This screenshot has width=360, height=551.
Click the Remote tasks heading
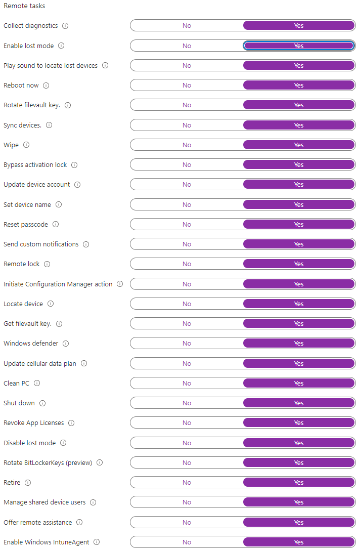(24, 6)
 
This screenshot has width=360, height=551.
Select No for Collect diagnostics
(187, 26)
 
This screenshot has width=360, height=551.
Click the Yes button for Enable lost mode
(299, 46)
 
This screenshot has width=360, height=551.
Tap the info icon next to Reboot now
(46, 86)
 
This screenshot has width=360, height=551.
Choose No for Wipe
(187, 145)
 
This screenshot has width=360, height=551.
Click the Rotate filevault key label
(32, 105)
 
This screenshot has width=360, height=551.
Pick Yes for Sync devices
(299, 125)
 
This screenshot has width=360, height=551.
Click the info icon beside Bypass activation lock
(74, 165)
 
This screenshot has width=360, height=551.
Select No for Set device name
(187, 205)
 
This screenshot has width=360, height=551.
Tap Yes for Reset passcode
(299, 225)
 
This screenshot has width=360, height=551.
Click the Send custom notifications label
(41, 244)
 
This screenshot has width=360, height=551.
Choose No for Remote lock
(187, 264)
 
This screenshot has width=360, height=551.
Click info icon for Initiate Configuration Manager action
(120, 284)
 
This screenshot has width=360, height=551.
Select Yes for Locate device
(299, 304)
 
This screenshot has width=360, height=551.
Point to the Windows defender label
(31, 344)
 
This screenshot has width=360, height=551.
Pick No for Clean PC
(187, 384)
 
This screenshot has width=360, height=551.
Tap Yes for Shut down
(299, 403)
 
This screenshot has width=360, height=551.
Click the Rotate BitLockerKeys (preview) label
(48, 462)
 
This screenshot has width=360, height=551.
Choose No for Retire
(187, 483)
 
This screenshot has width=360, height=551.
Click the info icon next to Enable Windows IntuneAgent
(97, 542)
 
